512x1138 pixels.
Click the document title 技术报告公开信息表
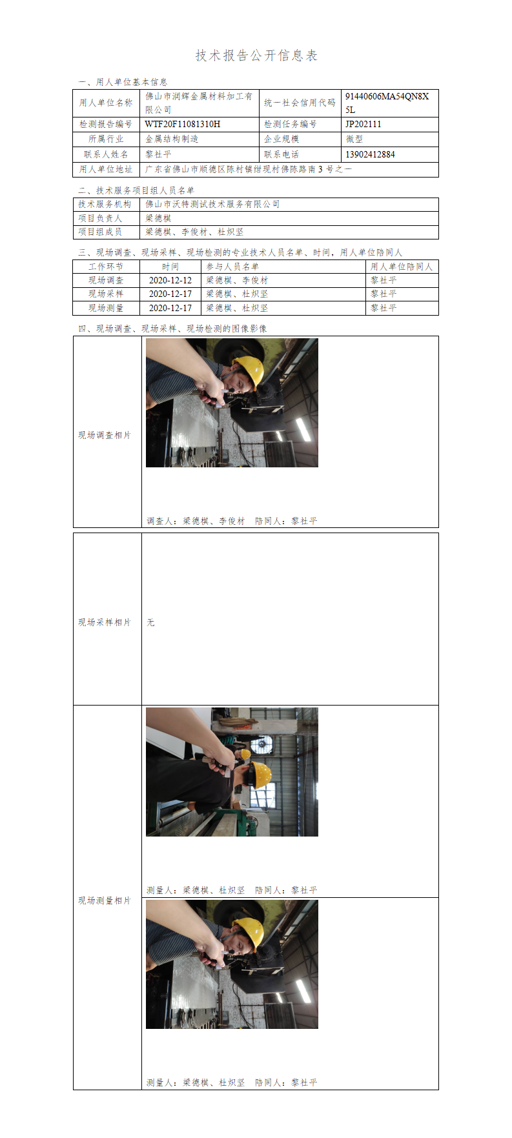click(256, 56)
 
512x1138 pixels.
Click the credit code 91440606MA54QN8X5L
click(387, 103)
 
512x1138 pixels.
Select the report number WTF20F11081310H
click(183, 124)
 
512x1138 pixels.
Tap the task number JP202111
click(363, 124)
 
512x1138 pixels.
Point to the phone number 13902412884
click(370, 154)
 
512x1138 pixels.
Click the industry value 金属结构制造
click(172, 139)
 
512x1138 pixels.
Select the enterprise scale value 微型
click(354, 139)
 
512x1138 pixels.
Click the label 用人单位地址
click(106, 169)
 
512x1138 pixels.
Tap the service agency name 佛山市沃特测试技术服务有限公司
click(212, 204)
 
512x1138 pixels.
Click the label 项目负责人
click(100, 218)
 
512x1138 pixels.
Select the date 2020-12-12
click(170, 280)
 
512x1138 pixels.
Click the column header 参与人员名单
click(232, 267)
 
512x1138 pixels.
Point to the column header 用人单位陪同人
click(402, 267)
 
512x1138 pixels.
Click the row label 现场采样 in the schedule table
click(106, 294)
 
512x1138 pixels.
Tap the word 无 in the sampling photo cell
click(150, 622)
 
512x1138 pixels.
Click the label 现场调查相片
click(105, 435)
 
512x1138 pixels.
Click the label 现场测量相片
click(105, 900)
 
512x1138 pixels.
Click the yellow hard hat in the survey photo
click(249, 370)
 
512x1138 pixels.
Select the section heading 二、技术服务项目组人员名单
click(136, 190)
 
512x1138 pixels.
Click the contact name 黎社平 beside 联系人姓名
click(158, 154)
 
